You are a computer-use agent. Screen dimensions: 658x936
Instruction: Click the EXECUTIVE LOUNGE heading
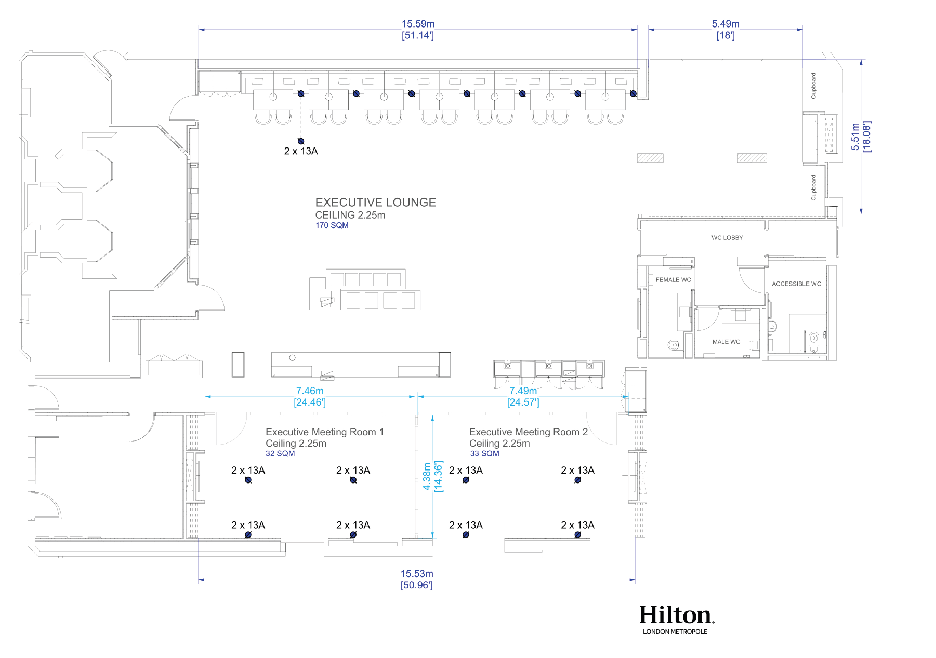coord(375,203)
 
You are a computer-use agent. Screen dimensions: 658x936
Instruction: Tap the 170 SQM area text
coord(332,225)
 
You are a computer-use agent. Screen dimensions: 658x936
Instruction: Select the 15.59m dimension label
coord(418,24)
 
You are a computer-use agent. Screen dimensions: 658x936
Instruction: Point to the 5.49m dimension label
coord(725,24)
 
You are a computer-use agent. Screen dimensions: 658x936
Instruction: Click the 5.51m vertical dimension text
coord(855,137)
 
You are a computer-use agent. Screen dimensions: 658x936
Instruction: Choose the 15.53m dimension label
coord(416,573)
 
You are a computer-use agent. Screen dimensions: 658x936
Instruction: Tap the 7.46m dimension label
coord(310,391)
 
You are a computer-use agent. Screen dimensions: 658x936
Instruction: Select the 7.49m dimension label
coord(523,391)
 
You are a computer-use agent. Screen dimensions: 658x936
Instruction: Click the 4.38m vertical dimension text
coord(427,476)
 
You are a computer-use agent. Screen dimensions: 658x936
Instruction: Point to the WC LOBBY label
coord(727,238)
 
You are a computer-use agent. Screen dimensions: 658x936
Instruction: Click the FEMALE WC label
coord(673,280)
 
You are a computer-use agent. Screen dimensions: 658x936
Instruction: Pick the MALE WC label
coord(726,342)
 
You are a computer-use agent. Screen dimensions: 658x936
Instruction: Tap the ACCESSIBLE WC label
coord(796,284)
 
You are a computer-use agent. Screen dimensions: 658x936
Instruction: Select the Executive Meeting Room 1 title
coord(324,432)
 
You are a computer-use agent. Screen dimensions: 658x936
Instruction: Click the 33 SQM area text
coord(484,454)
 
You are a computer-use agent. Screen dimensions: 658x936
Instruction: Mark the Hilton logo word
coord(676,615)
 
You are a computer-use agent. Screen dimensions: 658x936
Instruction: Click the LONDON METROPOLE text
coord(675,632)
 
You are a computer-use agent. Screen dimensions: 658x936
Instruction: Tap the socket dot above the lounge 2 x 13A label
coord(301,141)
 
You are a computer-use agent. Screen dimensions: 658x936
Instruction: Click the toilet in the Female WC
coord(674,344)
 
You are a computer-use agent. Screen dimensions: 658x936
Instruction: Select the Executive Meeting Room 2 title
coord(528,432)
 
